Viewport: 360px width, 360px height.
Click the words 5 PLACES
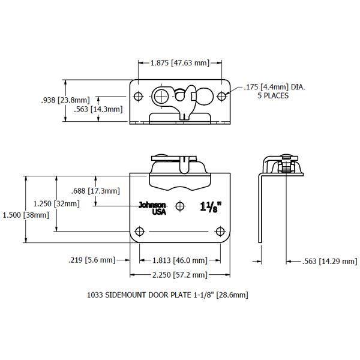coord(273,96)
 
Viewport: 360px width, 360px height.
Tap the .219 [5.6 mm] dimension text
coord(92,260)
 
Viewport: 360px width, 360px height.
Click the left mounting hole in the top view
coord(139,96)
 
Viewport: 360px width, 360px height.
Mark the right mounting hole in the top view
coord(221,96)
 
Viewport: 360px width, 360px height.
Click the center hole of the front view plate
coord(180,207)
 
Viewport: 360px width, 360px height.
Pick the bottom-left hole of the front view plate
coord(140,232)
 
